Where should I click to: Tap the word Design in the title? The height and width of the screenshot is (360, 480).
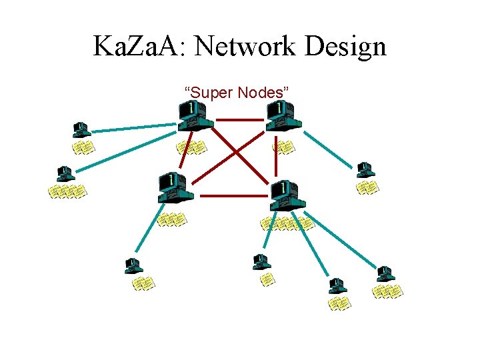(x=347, y=47)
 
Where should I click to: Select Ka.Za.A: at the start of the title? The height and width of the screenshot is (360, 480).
(x=136, y=47)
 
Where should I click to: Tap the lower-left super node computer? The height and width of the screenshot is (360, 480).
(x=175, y=187)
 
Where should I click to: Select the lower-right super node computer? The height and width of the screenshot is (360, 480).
(x=287, y=193)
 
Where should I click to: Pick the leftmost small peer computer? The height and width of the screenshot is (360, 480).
(x=65, y=173)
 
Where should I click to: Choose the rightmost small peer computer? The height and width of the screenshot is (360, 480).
(x=385, y=274)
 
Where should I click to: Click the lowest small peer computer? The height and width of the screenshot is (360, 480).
(x=337, y=286)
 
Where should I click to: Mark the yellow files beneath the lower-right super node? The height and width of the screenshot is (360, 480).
(x=287, y=223)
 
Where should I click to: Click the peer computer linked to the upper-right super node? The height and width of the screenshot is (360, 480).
(x=365, y=169)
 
